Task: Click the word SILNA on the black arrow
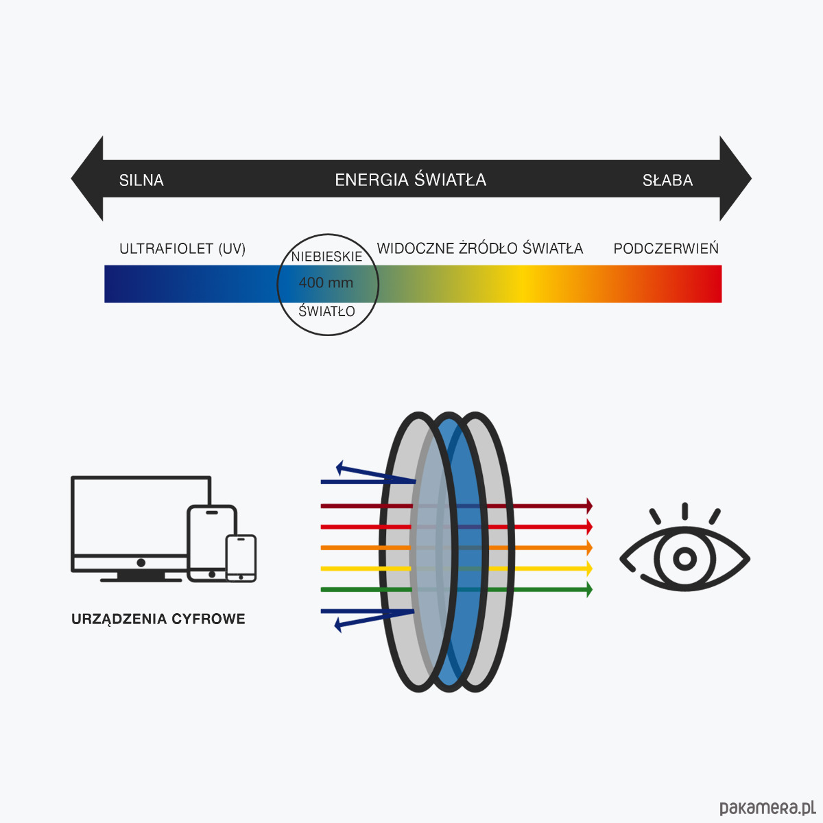point(141,180)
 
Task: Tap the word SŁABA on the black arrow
point(667,180)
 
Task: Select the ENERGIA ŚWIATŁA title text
point(410,180)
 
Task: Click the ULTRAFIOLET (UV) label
point(182,248)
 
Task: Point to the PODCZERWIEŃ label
point(666,248)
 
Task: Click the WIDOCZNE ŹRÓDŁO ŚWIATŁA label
point(480,248)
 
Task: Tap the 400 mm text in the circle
point(326,283)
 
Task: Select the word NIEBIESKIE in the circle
point(326,257)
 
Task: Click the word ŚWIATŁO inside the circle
point(326,311)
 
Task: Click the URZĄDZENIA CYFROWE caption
point(158,619)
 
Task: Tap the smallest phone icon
point(241,558)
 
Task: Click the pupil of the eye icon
point(684,558)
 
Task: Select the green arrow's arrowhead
point(588,589)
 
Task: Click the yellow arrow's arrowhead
point(588,569)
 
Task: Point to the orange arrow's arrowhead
point(588,547)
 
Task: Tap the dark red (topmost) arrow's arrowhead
point(588,505)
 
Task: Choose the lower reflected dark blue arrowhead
point(338,624)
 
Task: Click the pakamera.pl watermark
point(767,807)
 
